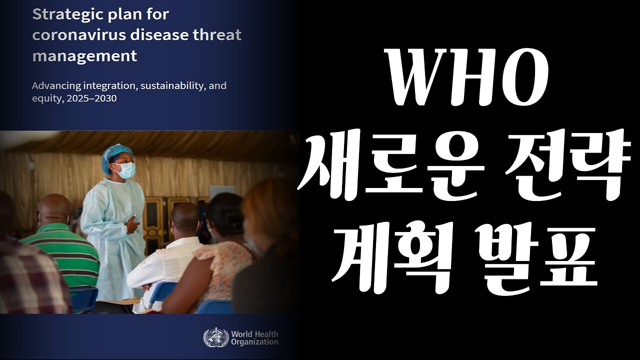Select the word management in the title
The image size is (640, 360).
coord(84,55)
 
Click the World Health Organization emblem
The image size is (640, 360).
coord(216,337)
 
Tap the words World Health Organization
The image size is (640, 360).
coord(254,338)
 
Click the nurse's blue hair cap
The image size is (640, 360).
coord(116,155)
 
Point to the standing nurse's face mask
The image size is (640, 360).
coord(123,170)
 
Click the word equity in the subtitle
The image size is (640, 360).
coord(45,98)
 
